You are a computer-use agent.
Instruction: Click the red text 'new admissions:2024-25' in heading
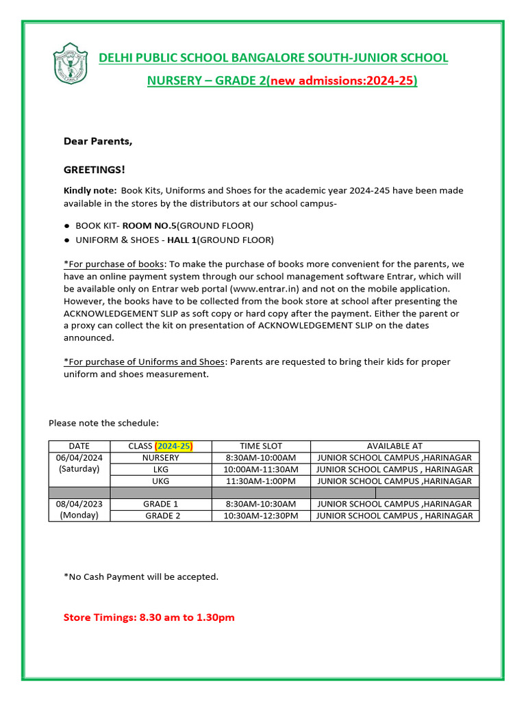point(341,81)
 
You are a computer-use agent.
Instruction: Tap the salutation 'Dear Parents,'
point(98,141)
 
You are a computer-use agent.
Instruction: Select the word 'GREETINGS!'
point(95,170)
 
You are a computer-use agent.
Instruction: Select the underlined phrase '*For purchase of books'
point(114,264)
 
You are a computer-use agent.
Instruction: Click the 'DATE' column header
point(79,446)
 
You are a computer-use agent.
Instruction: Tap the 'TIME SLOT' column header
point(260,446)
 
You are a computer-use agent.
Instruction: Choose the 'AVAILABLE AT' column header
point(394,446)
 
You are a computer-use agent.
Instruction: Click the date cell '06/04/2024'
point(79,457)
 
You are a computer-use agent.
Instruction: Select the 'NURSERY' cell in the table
point(160,457)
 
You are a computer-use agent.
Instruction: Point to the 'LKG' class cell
point(160,469)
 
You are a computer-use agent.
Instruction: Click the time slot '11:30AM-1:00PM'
point(260,481)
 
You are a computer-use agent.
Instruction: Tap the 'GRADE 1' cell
point(160,504)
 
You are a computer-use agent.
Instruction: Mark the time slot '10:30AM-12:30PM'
point(260,515)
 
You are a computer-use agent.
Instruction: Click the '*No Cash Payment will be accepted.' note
point(140,576)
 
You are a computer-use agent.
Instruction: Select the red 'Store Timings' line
point(149,617)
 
